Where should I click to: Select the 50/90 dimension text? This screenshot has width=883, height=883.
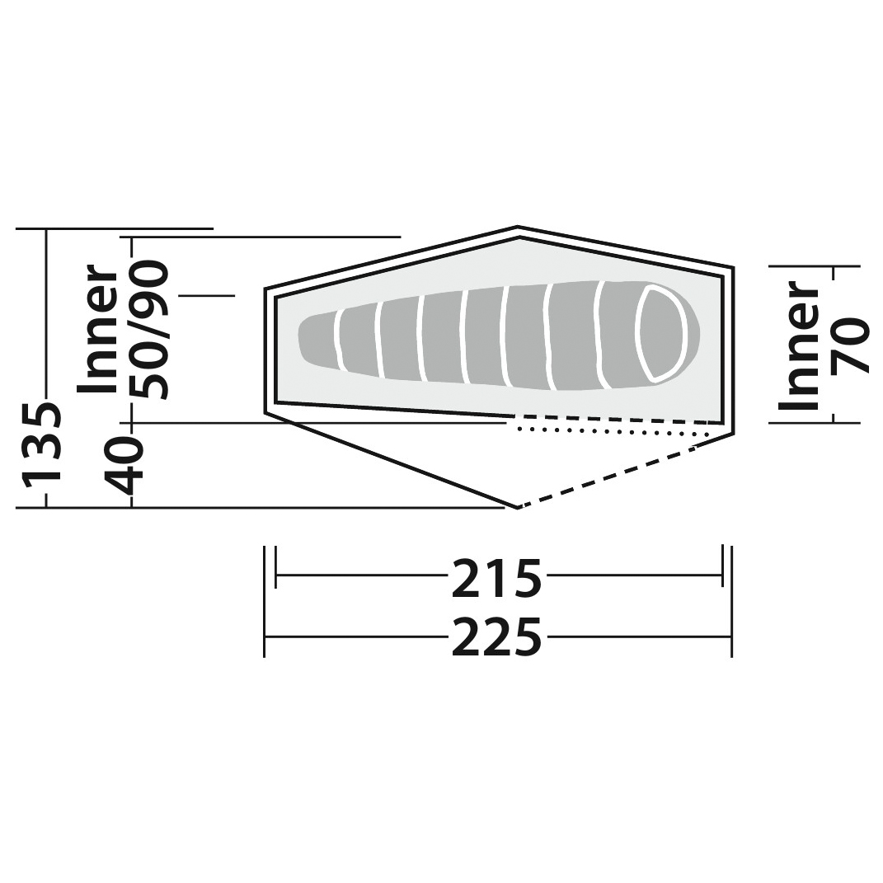148,330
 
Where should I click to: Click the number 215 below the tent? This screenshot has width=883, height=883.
496,578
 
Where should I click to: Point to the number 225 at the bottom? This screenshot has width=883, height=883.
496,637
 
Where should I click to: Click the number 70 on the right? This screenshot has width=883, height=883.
849,345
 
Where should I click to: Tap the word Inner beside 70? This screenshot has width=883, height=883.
799,345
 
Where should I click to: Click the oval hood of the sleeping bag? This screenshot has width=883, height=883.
659,332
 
